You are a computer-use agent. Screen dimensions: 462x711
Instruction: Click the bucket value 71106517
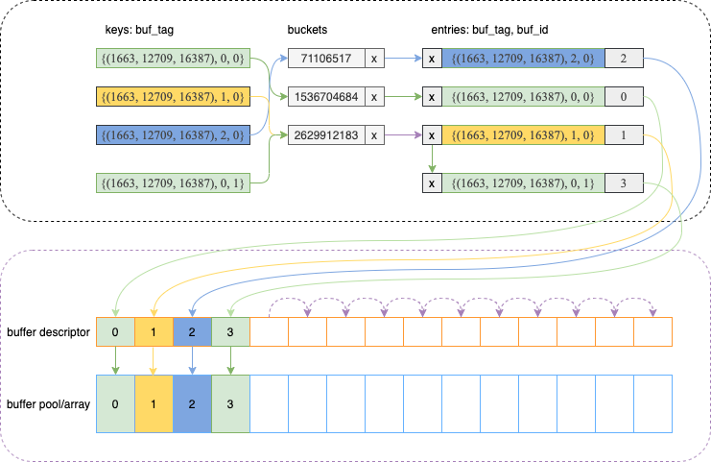324,59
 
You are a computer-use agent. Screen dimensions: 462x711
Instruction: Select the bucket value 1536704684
324,97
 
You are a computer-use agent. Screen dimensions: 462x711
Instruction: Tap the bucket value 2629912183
324,135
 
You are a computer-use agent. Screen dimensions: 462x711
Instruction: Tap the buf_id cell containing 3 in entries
624,182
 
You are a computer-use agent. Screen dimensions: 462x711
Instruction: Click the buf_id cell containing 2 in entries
624,59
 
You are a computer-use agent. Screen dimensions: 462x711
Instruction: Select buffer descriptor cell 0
115,331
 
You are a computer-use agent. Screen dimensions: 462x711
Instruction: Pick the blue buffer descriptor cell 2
192,331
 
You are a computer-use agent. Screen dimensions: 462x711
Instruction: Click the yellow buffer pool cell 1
154,403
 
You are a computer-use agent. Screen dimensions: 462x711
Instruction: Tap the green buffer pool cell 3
230,403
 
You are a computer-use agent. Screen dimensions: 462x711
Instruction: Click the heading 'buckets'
307,30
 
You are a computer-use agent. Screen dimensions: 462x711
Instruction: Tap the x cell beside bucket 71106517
373,59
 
